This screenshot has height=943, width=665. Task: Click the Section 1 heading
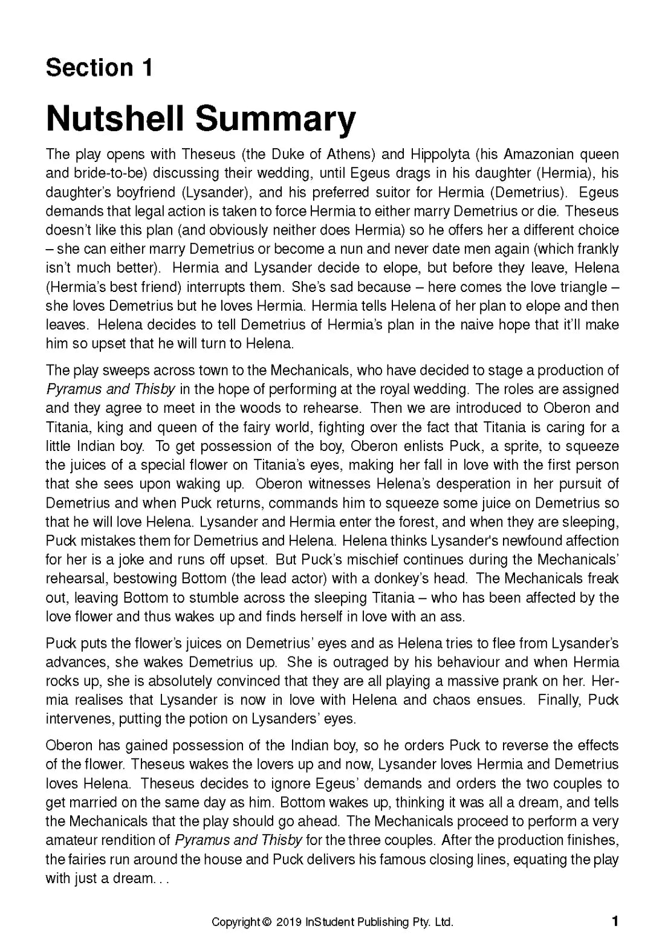point(99,68)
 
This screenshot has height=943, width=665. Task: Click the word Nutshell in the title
point(115,119)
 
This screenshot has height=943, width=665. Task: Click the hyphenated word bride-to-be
point(111,173)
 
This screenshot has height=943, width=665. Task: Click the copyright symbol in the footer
point(267,922)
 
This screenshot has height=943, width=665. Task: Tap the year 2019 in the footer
point(289,922)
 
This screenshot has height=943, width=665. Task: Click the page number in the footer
point(615,921)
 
